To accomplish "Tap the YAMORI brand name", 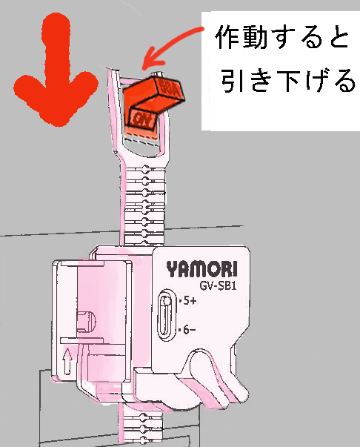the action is pos(201,269).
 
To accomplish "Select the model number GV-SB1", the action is pos(219,285).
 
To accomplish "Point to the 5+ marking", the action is pos(188,301).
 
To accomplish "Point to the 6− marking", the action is pos(187,330).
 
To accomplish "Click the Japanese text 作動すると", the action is pos(282,38).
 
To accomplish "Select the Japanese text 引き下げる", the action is pos(288,80).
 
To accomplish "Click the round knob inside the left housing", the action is pos(87,322).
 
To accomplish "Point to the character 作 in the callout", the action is pos(228,38).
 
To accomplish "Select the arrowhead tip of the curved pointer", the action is pos(143,68).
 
